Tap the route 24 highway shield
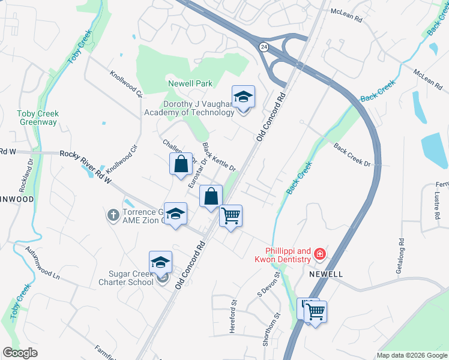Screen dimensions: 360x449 264,46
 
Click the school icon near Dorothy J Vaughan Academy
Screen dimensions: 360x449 243,97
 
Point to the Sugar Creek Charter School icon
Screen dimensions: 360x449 161,262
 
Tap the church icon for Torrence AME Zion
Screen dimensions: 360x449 113,215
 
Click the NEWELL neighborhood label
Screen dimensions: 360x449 326,274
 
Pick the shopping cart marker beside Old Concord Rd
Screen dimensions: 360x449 231,215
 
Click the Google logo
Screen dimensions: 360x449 20,353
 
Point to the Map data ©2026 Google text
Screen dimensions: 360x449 411,355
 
